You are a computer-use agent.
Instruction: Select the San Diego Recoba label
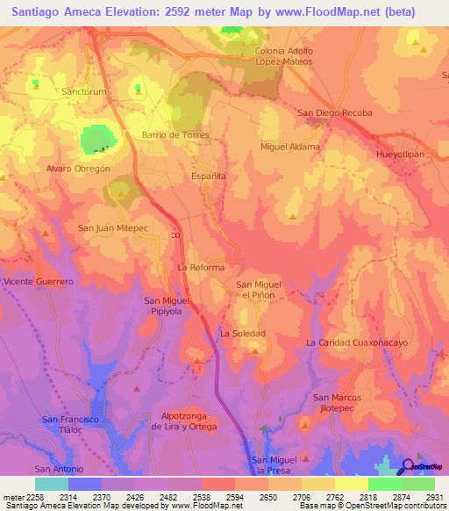(335, 113)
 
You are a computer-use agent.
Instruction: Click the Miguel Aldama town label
(290, 147)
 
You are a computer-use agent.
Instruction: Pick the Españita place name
(209, 176)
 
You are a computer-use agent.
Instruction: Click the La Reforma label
(201, 267)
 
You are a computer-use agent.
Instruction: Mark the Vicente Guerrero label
(37, 282)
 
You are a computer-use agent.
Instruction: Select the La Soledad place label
(242, 334)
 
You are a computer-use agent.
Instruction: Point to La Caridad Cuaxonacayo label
(357, 342)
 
